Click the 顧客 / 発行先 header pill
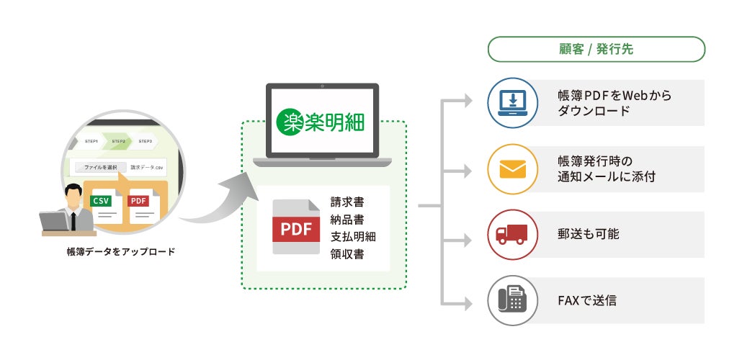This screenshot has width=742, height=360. point(596,50)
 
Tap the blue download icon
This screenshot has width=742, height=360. point(512,103)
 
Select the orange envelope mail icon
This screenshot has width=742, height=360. point(512,169)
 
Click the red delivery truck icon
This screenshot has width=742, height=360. point(512,234)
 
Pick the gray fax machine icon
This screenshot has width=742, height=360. point(512,300)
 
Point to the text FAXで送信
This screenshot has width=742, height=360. point(587,300)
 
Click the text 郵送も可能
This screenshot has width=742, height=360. point(588,234)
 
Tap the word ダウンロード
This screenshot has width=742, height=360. point(594,112)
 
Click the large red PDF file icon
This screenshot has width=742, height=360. point(295,226)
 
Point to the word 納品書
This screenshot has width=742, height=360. point(347,219)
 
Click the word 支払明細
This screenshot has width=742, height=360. point(353,236)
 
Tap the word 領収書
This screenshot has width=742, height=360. point(347,253)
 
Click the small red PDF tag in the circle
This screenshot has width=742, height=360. point(138,201)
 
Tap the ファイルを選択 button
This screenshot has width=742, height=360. point(101,167)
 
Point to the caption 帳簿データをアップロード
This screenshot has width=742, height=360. point(120,252)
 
